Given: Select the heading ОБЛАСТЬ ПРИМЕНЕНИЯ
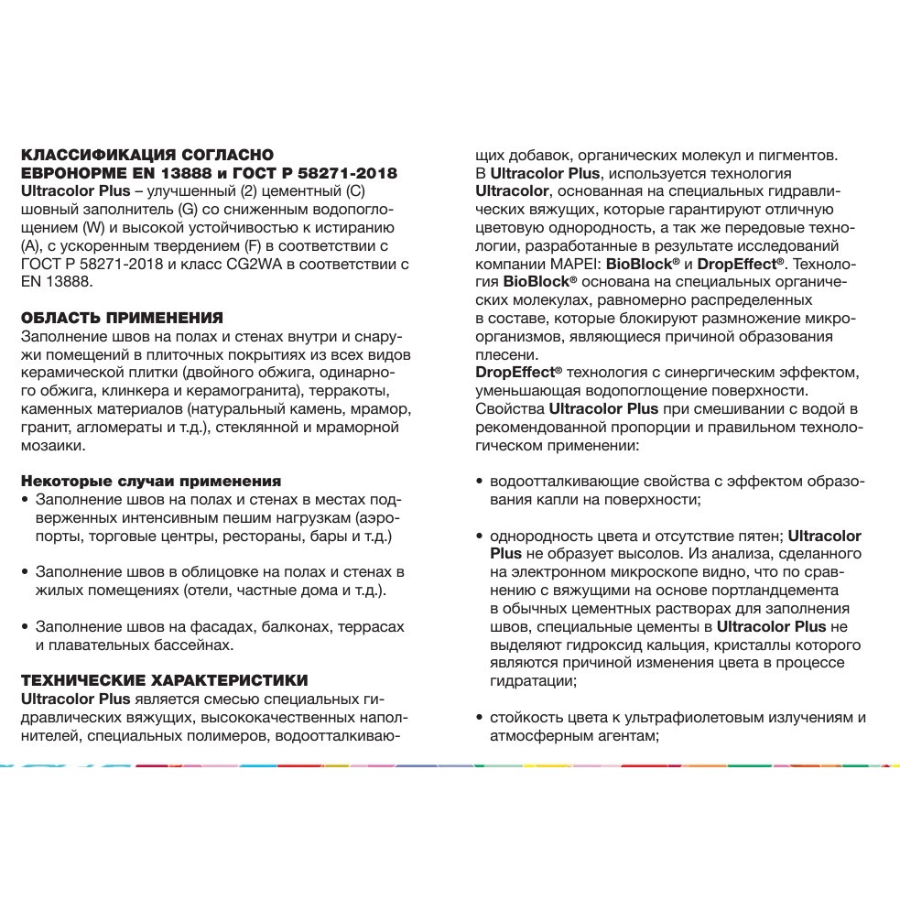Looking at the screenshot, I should click(x=122, y=318).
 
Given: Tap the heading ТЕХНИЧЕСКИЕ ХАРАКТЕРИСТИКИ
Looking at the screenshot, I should click(x=164, y=679).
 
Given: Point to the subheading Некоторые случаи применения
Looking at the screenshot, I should click(x=150, y=481).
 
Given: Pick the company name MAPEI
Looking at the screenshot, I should click(x=567, y=263).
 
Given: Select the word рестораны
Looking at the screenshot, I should click(x=277, y=536).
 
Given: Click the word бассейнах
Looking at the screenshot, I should click(x=192, y=645).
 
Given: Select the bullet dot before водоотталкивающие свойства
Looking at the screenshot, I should click(x=481, y=482).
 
